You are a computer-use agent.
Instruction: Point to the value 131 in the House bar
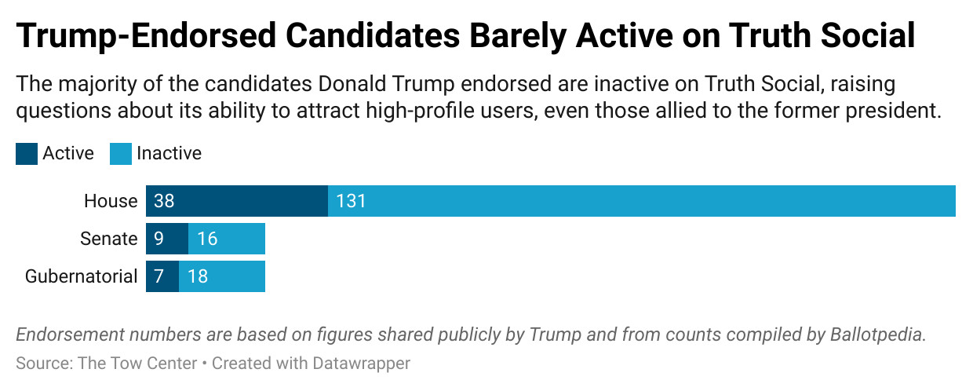[351, 201]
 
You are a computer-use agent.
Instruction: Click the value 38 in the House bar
[164, 201]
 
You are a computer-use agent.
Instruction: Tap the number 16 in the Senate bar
[207, 239]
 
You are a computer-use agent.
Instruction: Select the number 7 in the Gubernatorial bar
[159, 276]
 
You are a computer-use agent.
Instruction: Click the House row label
[111, 201]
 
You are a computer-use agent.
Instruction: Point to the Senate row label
[108, 239]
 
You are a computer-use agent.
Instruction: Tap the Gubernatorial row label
[81, 276]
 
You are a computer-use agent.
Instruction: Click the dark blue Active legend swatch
[26, 154]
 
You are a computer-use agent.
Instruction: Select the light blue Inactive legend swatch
[121, 154]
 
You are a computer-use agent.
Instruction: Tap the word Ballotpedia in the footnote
[877, 334]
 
